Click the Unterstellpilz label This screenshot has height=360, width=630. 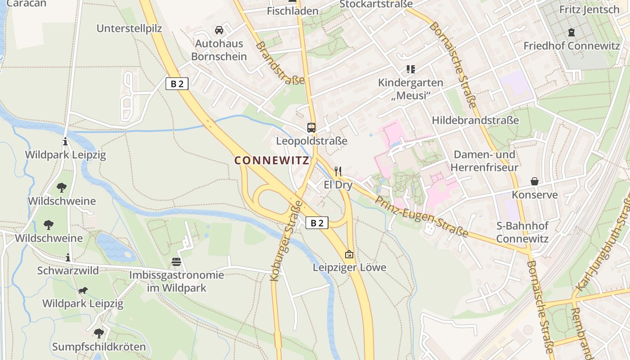click(129, 28)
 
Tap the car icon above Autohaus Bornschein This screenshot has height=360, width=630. click(219, 30)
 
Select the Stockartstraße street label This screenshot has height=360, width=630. click(376, 4)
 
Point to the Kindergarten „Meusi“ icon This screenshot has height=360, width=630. click(410, 69)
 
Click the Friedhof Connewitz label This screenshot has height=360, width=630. click(571, 45)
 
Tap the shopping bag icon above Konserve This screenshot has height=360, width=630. click(535, 181)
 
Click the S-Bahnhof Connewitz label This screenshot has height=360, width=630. click(522, 232)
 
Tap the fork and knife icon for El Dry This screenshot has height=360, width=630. click(338, 171)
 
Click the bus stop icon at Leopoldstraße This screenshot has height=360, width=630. click(311, 127)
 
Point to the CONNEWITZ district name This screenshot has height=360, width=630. click(272, 160)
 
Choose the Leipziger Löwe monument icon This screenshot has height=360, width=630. click(349, 254)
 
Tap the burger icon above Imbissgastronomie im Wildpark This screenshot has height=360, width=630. click(176, 261)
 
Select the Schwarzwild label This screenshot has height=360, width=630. click(68, 270)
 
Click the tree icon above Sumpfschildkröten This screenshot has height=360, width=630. click(99, 333)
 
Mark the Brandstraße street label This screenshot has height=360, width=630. click(280, 63)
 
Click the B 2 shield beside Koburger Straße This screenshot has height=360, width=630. click(317, 223)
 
